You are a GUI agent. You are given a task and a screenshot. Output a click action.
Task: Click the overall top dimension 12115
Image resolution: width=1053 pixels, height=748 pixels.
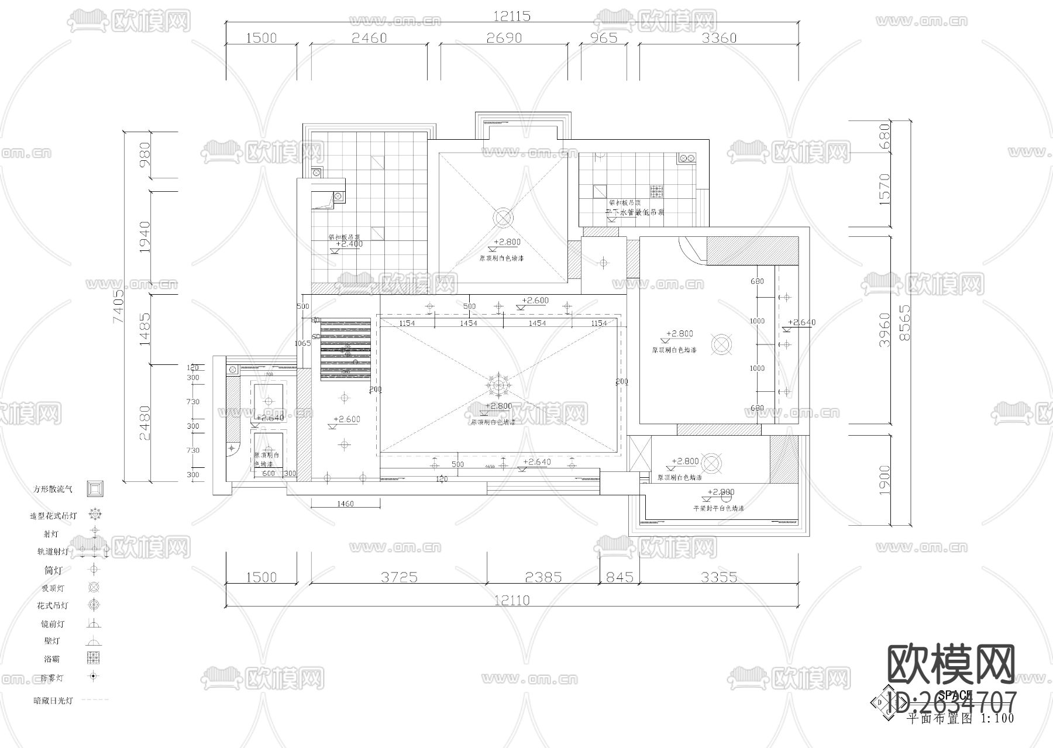pos(511,16)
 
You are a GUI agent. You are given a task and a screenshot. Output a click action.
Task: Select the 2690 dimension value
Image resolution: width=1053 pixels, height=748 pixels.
pos(504,37)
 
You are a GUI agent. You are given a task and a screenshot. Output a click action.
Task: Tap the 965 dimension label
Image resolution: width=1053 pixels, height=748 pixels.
pos(603,37)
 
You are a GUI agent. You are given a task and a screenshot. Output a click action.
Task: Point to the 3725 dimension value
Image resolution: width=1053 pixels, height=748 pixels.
pos(399,577)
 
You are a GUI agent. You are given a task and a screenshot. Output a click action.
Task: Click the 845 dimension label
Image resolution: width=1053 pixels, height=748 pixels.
pos(619,577)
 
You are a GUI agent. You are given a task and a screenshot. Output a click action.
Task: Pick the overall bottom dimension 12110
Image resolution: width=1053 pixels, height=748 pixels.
pos(511,600)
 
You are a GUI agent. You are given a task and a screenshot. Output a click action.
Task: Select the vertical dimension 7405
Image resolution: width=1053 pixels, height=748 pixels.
pos(119,306)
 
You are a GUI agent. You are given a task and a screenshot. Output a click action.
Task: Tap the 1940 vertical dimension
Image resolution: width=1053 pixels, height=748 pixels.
pos(144,237)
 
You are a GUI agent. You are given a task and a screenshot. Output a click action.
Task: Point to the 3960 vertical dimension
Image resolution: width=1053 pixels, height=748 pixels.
pos(885,330)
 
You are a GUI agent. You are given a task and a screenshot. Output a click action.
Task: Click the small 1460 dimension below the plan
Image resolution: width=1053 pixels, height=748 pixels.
pos(345,504)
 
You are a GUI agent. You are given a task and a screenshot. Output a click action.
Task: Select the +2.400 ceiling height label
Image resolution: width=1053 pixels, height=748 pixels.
pos(349,244)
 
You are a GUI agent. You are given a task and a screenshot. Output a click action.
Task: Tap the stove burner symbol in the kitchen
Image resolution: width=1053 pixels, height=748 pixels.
pos(657,191)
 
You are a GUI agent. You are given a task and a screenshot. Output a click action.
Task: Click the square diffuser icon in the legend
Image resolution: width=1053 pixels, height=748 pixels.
pos(95,488)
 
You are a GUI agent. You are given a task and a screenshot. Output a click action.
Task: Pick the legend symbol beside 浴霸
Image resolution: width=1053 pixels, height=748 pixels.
pos(94,658)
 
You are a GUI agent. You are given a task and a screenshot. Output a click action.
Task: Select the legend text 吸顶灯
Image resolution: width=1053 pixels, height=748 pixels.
pos(53,588)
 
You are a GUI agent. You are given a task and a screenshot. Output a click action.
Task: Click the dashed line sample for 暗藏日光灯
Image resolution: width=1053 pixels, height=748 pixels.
pos(94,699)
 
